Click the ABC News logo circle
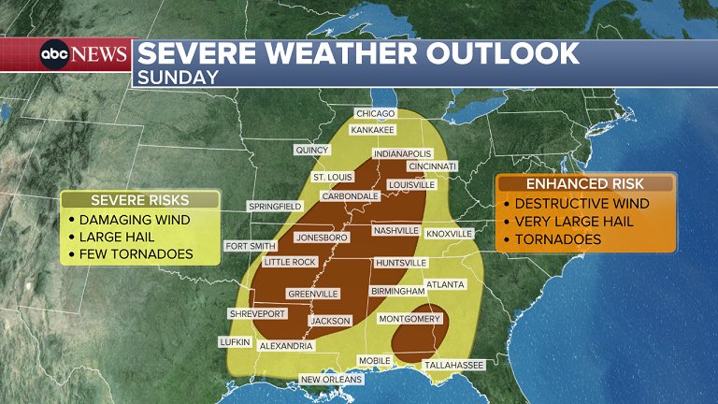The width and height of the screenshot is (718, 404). tap(53, 54)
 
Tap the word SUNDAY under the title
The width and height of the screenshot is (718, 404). tap(178, 78)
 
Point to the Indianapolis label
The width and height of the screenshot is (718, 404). tap(402, 153)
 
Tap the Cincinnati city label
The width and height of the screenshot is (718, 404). tap(432, 166)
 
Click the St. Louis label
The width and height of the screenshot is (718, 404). tap(332, 177)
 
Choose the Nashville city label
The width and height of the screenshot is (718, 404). tap(395, 230)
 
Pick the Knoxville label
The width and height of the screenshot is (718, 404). tap(450, 233)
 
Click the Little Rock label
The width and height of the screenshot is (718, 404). tap(290, 263)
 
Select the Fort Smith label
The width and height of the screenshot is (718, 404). tap(249, 247)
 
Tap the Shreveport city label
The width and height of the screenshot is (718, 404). tap(256, 314)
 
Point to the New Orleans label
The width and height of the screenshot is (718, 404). tap(329, 379)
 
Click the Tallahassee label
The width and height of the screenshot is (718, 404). tap(453, 365)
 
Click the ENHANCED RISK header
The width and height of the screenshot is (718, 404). tap(585, 184)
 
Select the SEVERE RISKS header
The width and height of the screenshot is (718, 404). tap(140, 200)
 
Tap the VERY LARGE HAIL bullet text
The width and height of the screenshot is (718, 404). tap(574, 222)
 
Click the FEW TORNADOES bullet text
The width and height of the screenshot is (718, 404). tap(136, 253)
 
